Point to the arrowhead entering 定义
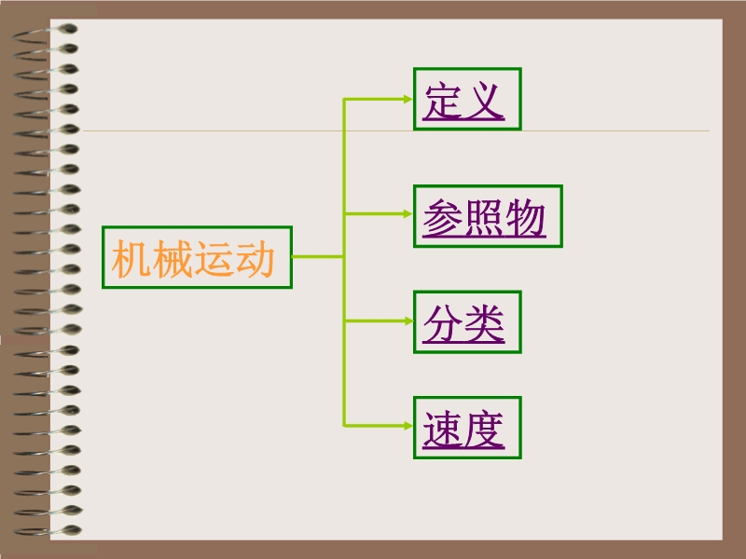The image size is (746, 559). click(408, 99)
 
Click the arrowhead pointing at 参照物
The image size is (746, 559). click(408, 214)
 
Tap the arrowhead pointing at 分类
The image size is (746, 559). click(408, 320)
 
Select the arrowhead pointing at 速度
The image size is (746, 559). click(408, 426)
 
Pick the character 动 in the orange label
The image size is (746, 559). click(255, 258)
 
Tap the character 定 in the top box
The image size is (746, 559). click(443, 101)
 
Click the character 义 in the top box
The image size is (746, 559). click(484, 101)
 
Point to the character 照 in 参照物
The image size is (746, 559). click(484, 218)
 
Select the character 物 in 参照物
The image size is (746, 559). click(525, 218)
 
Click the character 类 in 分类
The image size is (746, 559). click(484, 323)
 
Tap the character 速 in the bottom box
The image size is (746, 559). click(443, 429)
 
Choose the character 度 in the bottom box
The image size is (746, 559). click(484, 429)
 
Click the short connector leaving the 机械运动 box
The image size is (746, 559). click(318, 257)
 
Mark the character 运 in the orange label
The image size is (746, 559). click(214, 258)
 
